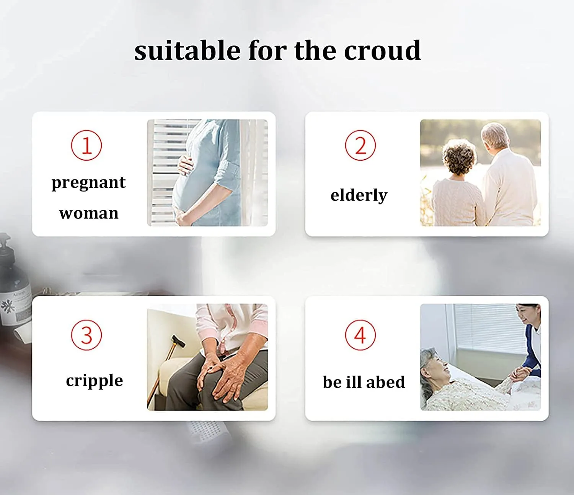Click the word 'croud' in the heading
[x=382, y=50]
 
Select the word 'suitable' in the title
[x=188, y=50]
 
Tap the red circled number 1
[x=86, y=145]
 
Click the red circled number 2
[x=360, y=145]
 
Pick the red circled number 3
[x=86, y=335]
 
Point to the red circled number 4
[x=360, y=335]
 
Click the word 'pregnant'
[x=88, y=183]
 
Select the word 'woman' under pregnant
[x=89, y=213]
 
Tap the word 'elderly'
[x=359, y=195]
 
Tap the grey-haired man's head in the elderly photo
[x=496, y=137]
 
